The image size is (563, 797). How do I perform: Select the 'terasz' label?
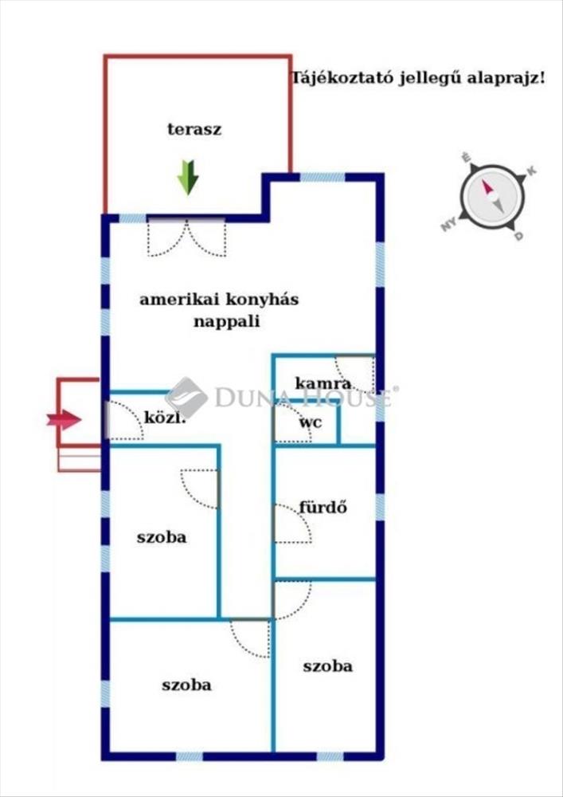194,129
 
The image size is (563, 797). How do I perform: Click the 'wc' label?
311,422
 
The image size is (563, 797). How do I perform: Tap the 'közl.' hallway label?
165,416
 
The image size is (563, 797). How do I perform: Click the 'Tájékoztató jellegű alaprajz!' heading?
418,78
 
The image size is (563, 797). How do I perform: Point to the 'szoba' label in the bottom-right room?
327,665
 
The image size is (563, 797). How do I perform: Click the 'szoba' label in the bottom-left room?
186,684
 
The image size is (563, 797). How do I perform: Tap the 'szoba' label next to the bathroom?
162,536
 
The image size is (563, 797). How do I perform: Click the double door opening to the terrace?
186,238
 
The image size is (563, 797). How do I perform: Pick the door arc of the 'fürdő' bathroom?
291,524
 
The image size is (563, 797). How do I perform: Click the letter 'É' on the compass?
467,158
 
